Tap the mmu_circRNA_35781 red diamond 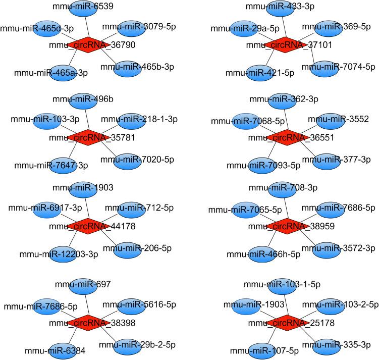pyautogui.click(x=88, y=137)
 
